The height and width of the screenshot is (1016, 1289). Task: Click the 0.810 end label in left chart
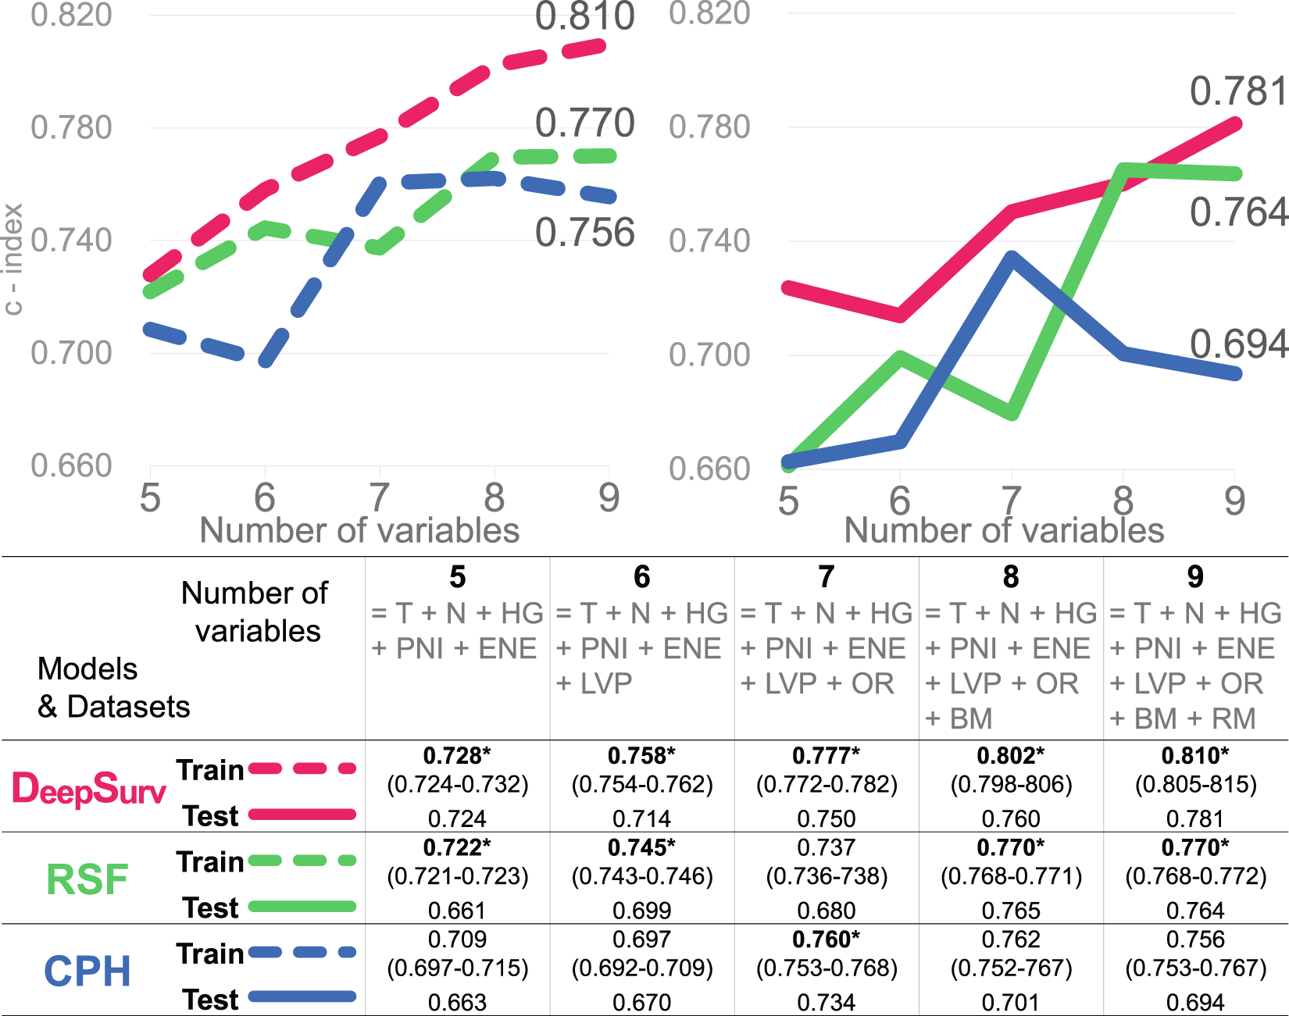tap(584, 17)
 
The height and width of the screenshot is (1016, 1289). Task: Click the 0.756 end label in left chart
tap(584, 233)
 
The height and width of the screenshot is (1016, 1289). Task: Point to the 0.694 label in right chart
tap(1237, 344)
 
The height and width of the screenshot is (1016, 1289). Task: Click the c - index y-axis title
tap(13, 259)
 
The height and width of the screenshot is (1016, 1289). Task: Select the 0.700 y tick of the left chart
tap(71, 353)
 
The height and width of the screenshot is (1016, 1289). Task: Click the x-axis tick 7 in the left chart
tap(379, 497)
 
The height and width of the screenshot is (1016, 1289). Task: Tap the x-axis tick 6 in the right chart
tap(900, 501)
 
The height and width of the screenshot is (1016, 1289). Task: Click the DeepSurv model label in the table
tap(89, 789)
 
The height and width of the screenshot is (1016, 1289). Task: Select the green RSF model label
tap(87, 880)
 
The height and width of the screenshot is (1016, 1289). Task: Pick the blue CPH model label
tap(87, 971)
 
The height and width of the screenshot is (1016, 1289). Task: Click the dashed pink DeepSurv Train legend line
tap(302, 769)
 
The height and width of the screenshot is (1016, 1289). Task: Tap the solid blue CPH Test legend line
tap(302, 997)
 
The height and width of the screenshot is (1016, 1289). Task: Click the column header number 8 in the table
tap(1010, 577)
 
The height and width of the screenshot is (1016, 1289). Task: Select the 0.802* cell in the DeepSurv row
tap(1010, 756)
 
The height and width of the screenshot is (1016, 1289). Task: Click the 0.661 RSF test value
tap(457, 911)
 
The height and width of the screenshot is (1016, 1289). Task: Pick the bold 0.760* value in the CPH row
tap(826, 939)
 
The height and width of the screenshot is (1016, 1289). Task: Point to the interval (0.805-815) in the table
tap(1195, 784)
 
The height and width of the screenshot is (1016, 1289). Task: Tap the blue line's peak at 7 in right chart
tap(1011, 258)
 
